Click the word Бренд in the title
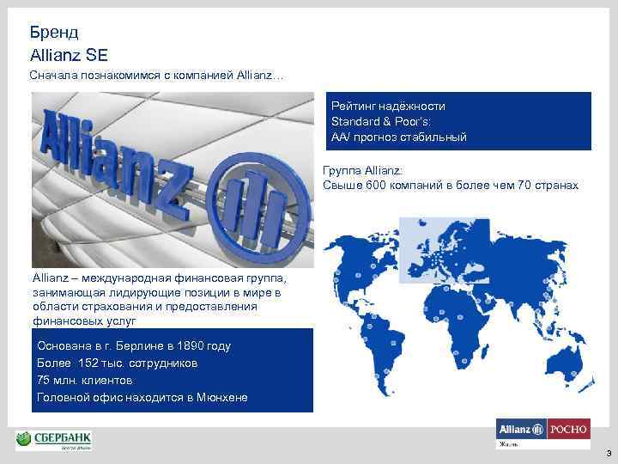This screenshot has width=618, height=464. (53, 33)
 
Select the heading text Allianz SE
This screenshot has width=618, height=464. (69, 54)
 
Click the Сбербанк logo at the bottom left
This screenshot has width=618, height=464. (53, 441)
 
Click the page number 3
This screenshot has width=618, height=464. (608, 453)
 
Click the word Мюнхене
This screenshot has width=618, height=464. (221, 398)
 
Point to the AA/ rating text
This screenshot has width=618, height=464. (342, 137)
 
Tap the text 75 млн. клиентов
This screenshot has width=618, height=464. (85, 381)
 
